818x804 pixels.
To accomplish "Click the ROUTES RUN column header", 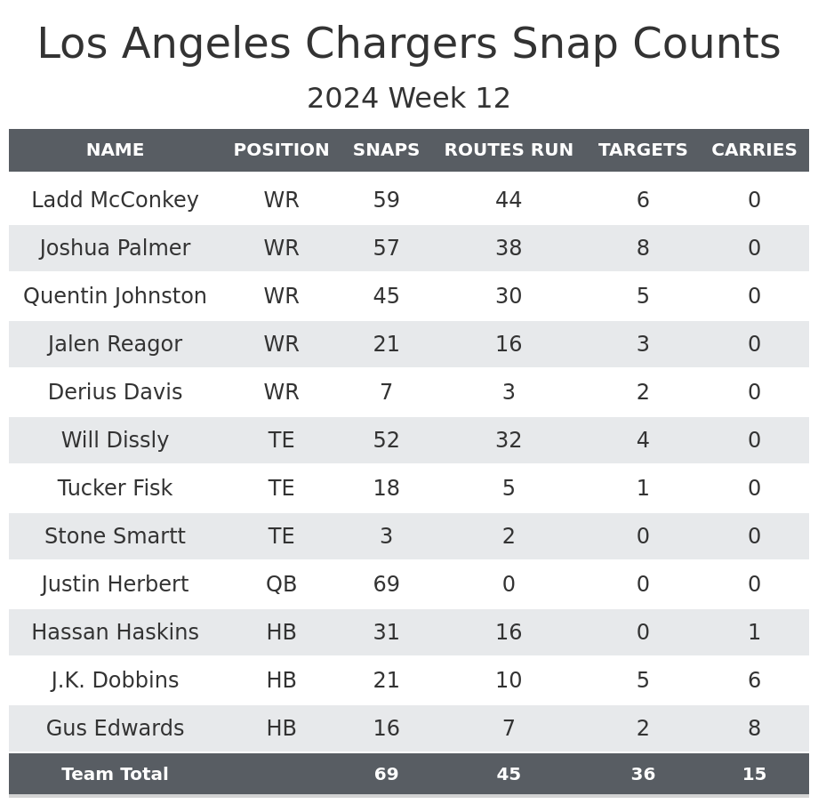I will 509,150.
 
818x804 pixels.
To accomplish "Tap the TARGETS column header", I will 643,150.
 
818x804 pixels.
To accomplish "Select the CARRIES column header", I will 754,150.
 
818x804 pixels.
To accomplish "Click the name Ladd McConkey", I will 115,200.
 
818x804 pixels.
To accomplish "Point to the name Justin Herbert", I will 115,584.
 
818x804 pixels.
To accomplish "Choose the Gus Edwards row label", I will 115,728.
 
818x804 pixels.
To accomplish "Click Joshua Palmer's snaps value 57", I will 386,248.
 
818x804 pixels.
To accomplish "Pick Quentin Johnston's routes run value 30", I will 509,296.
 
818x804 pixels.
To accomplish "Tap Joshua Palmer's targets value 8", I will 643,248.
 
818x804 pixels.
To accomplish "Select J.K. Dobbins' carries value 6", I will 754,680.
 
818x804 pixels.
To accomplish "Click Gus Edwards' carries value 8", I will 754,728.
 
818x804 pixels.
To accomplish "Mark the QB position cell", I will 281,584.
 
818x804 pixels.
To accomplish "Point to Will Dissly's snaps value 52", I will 386,440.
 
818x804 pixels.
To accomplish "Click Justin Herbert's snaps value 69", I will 386,584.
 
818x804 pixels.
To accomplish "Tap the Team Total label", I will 115,775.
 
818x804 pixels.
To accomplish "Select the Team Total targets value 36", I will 643,775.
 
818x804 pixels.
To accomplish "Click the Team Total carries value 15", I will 754,775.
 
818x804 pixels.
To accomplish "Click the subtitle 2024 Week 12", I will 409,99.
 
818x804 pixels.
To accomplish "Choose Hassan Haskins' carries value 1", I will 754,632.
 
